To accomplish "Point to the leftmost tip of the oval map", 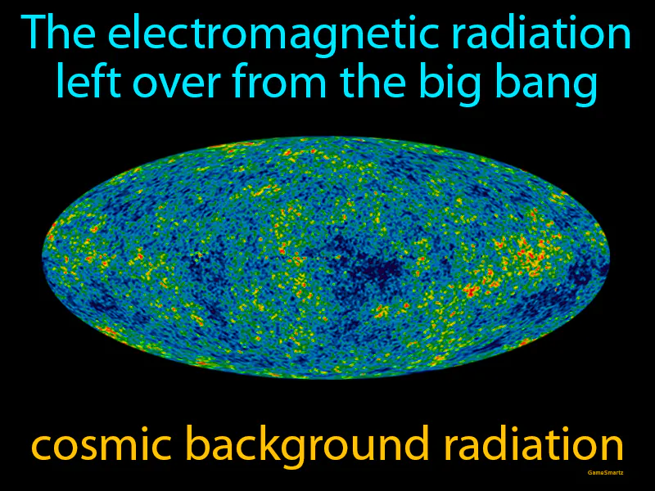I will (43, 256).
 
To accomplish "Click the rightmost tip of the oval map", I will (610, 256).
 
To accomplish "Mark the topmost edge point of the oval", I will (326, 136).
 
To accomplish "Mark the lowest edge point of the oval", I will (326, 378).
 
